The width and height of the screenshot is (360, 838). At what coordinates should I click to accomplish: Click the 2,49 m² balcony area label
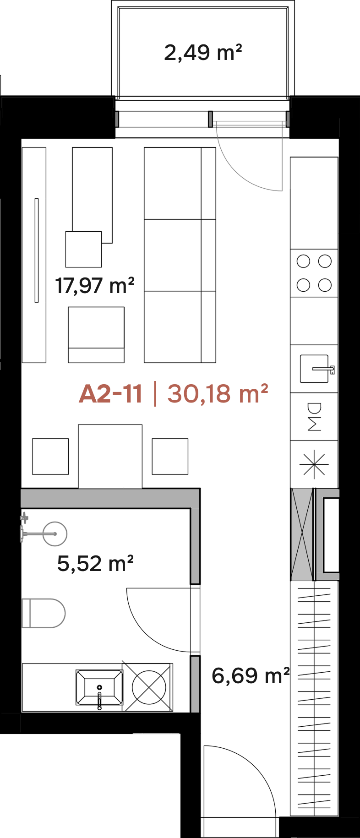click(x=203, y=52)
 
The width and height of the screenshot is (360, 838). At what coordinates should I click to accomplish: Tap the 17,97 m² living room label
click(x=95, y=285)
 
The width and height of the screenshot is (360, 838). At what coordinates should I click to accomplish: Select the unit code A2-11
click(x=110, y=393)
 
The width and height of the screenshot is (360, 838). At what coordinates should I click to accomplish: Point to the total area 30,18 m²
click(x=218, y=393)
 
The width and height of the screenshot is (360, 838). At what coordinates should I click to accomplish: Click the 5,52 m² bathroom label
click(x=95, y=563)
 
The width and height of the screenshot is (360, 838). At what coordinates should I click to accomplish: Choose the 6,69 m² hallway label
click(x=251, y=675)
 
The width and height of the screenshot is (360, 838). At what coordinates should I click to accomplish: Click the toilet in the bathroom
click(x=44, y=613)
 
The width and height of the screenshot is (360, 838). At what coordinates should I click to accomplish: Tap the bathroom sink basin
click(x=99, y=687)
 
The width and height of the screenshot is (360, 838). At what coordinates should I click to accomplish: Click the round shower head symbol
click(x=55, y=534)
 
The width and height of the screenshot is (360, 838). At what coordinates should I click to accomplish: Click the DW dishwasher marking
click(x=315, y=417)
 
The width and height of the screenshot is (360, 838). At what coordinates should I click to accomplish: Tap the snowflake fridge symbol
click(x=314, y=464)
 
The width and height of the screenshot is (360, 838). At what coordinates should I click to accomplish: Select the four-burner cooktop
click(x=314, y=273)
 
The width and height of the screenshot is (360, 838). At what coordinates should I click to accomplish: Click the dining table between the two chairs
click(x=110, y=456)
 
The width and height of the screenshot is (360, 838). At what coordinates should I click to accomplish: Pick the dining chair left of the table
click(x=50, y=457)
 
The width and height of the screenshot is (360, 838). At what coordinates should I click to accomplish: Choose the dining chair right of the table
click(x=170, y=457)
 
